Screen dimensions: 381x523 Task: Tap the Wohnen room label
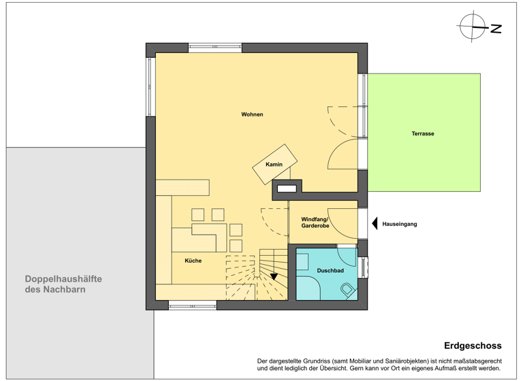[252, 114]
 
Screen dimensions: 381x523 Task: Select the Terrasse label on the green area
[422, 134]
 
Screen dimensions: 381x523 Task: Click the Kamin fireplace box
[274, 164]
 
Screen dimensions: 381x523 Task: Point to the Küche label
[193, 261]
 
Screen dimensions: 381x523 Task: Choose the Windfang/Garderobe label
[315, 222]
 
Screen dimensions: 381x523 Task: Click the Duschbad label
[330, 271]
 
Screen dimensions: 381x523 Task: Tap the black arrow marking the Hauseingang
[374, 223]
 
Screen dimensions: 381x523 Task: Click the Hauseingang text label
[400, 223]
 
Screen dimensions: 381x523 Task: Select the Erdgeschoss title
[473, 346]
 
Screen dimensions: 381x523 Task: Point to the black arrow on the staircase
[274, 276]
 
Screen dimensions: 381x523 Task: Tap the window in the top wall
[215, 48]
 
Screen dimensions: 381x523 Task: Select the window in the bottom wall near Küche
[193, 305]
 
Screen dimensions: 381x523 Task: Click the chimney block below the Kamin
[287, 188]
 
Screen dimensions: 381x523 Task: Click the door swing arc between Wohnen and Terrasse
[343, 156]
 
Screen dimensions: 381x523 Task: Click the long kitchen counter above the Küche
[182, 187]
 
